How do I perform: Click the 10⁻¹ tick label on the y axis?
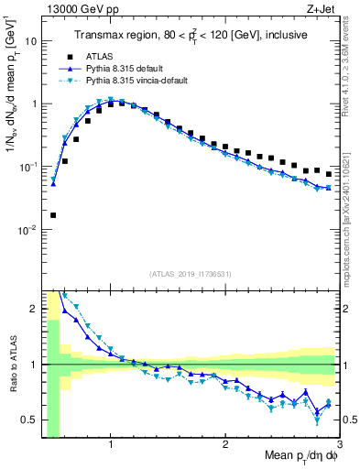pyautogui.click(x=27, y=167)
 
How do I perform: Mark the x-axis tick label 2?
pyautogui.click(x=225, y=444)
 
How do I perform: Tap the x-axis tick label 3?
pyautogui.click(x=339, y=444)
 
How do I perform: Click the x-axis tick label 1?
pyautogui.click(x=111, y=444)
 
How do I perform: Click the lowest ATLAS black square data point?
pyautogui.click(x=53, y=215)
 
